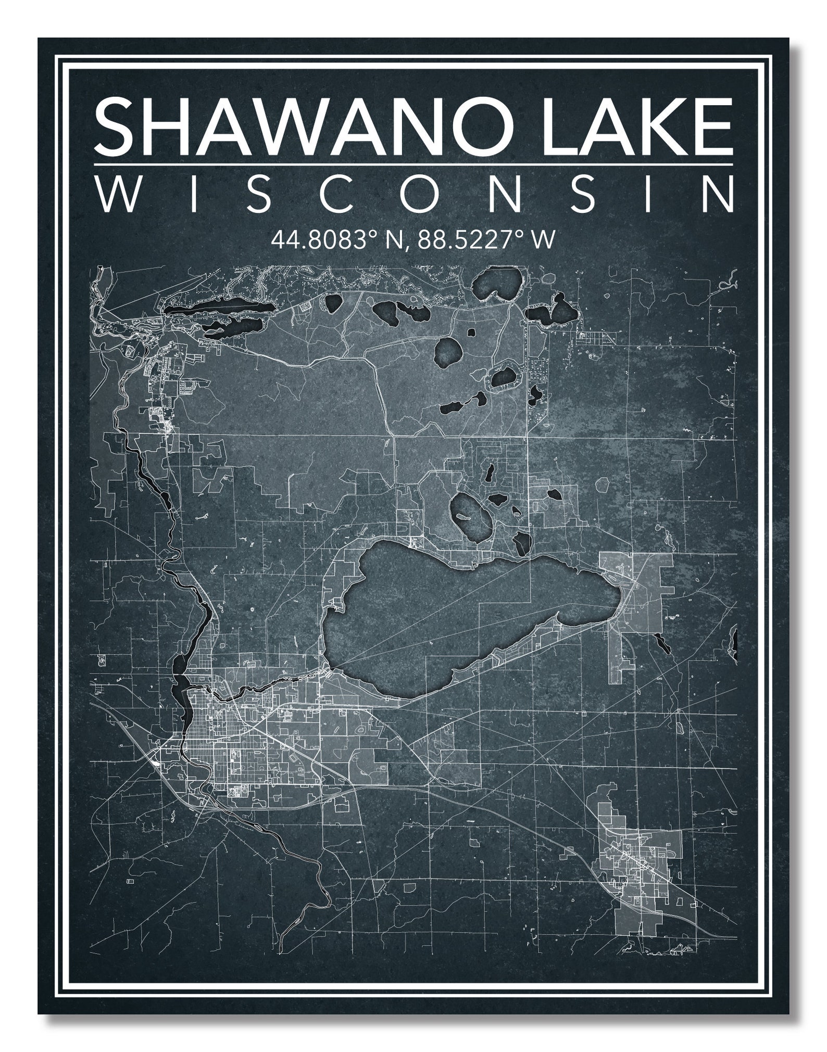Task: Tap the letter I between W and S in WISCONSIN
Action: click(x=194, y=194)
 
